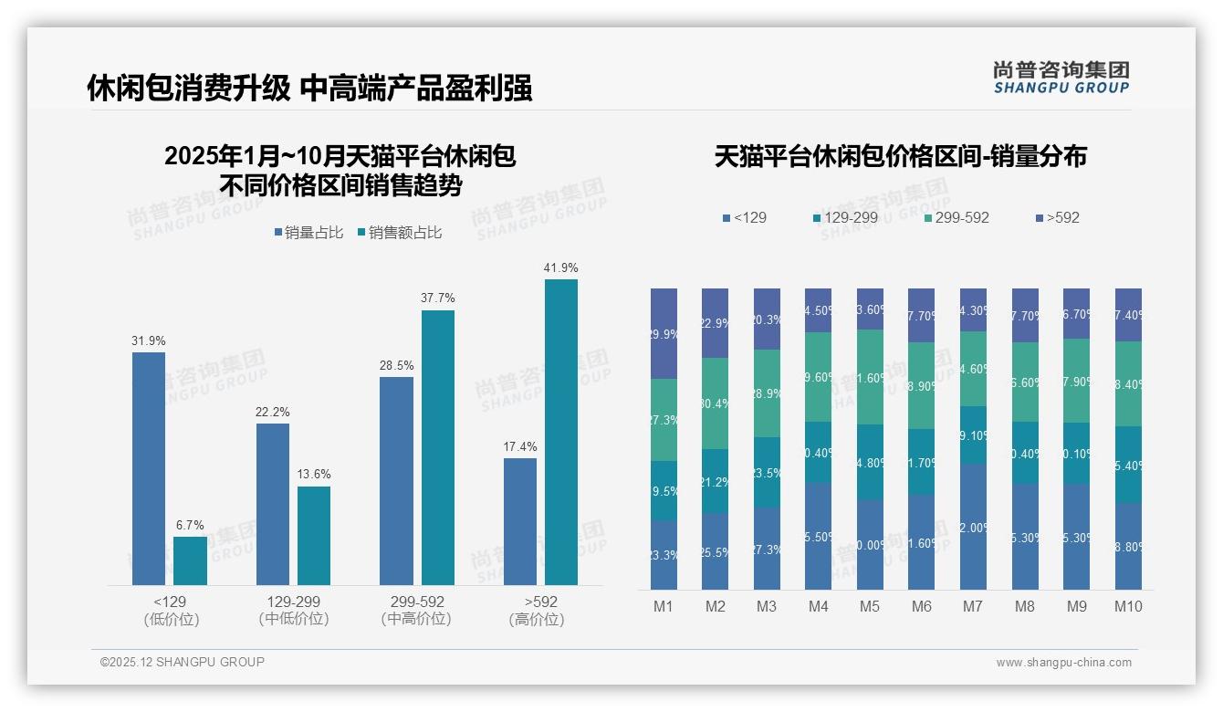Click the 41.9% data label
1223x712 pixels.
(x=560, y=267)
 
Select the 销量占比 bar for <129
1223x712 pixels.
(x=149, y=468)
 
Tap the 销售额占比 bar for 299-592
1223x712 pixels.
(x=437, y=447)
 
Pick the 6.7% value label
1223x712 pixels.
(x=190, y=525)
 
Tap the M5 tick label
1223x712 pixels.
(x=870, y=607)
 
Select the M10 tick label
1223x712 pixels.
(x=1128, y=607)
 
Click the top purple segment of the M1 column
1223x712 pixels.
(x=664, y=333)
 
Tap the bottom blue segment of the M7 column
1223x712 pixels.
(x=973, y=526)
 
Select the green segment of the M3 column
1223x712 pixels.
(x=767, y=393)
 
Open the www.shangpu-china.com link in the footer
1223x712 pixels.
(x=1063, y=663)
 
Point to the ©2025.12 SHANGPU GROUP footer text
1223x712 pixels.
(x=183, y=662)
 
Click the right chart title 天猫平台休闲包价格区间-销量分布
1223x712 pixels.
(x=900, y=156)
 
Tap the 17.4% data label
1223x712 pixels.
(x=519, y=446)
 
